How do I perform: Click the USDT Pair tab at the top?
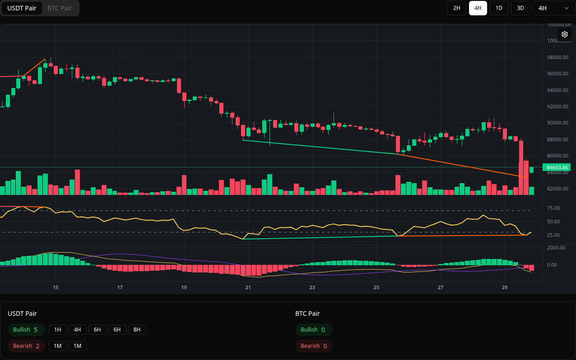22,8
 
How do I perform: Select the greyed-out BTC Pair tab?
60,8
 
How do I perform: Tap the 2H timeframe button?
456,8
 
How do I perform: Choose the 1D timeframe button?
499,8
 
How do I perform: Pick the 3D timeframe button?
520,8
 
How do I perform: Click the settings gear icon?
564,34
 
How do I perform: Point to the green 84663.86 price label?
557,168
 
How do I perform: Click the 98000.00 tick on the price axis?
557,58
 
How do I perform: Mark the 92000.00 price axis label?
557,107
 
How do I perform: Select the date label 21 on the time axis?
248,288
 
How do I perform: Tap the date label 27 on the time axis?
441,288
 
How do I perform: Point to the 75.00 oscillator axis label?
553,208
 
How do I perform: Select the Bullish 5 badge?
26,330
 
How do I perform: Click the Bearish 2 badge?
26,346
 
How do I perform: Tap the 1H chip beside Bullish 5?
58,330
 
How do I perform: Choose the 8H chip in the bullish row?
137,330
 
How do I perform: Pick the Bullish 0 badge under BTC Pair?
313,330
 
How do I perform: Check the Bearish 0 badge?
313,346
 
